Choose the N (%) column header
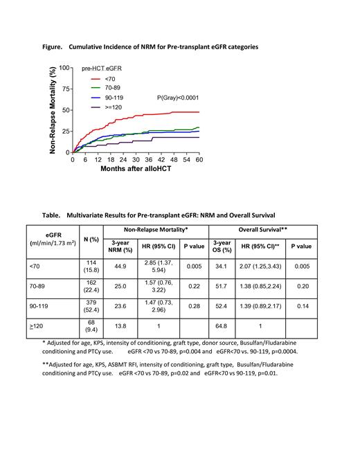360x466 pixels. coord(91,239)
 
